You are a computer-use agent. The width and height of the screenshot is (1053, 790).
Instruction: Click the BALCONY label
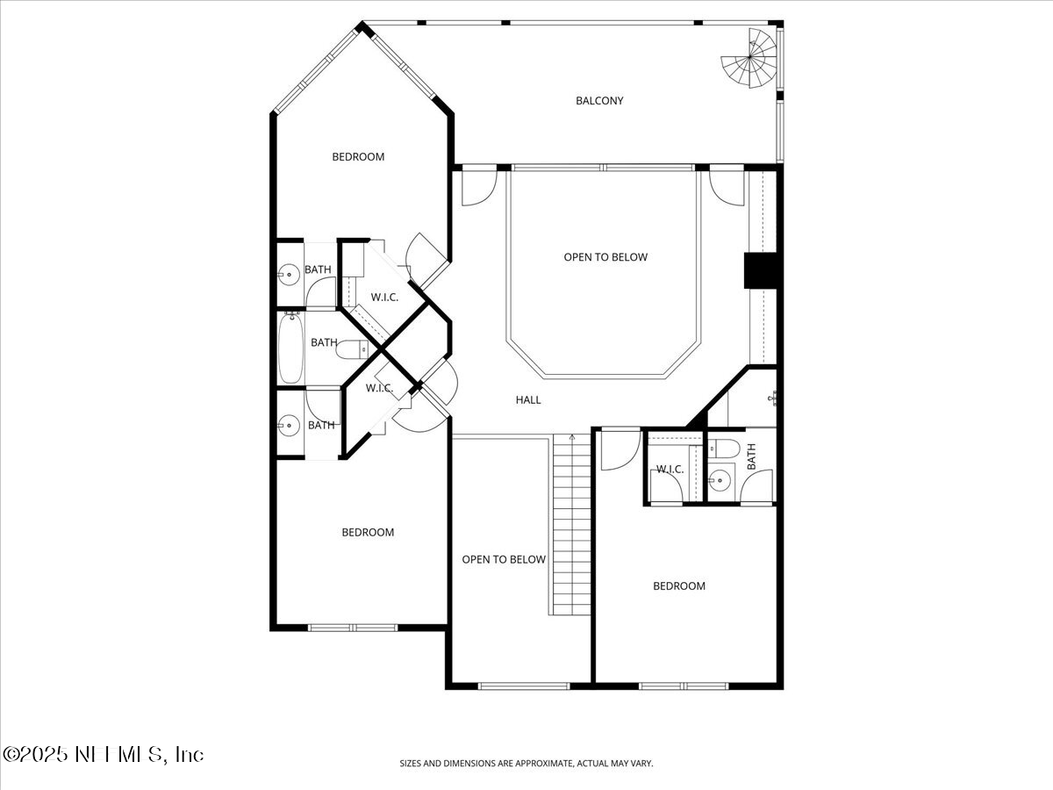point(599,101)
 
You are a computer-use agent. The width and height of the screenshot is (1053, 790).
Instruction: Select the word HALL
point(528,400)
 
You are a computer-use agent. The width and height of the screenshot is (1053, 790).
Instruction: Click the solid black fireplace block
point(761,270)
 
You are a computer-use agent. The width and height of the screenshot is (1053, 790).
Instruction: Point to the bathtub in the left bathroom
point(290,348)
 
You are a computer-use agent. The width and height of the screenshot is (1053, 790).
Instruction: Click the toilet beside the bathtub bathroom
point(356,349)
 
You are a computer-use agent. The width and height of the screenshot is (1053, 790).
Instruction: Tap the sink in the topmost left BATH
point(287,276)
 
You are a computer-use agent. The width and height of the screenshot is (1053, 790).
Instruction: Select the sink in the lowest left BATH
point(287,427)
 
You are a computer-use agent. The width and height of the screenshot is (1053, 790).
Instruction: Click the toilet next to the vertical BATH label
point(717,448)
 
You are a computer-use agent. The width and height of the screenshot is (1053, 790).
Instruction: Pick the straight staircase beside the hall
point(571,527)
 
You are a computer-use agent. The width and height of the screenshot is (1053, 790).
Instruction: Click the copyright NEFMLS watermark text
point(104,754)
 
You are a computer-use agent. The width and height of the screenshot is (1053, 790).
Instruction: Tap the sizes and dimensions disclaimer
point(526,764)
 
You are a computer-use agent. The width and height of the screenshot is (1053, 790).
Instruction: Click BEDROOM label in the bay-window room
point(358,157)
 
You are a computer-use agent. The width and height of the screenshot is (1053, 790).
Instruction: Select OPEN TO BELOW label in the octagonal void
point(605,257)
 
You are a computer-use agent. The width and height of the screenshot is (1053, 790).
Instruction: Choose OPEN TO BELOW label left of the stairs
point(504,560)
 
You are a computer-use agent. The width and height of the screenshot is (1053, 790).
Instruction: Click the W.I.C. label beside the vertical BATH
point(670,470)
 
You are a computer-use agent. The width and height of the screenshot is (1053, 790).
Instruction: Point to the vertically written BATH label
point(751,456)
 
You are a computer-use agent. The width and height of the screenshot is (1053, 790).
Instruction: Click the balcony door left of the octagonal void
point(479,188)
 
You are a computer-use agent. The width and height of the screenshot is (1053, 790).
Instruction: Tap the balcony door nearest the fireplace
point(727,186)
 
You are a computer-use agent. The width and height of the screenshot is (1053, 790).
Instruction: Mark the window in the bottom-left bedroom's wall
point(352,628)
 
